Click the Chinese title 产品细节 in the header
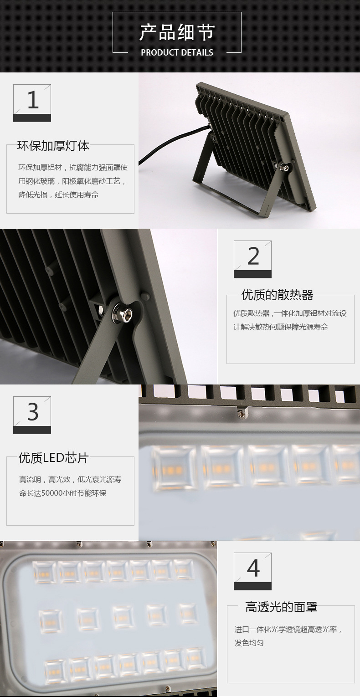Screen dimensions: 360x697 point(177,32)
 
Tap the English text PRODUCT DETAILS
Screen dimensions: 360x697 point(177,52)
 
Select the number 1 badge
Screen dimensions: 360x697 point(32,102)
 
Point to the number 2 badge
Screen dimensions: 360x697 point(252,259)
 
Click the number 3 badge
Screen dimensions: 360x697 point(32,415)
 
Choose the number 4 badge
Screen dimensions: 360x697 point(252,571)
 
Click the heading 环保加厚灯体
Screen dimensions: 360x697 point(53,146)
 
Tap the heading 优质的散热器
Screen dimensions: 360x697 point(277,295)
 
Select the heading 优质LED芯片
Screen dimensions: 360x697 point(53,458)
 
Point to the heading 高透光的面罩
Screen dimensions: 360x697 point(281,607)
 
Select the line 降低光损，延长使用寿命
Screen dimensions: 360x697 point(58,195)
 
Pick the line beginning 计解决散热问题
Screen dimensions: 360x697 point(281,327)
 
